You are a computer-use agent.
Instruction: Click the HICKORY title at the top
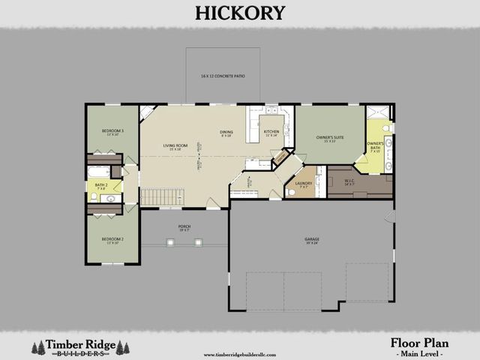point(240,13)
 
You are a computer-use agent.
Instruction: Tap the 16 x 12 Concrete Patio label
point(223,76)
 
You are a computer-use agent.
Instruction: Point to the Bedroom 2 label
point(112,241)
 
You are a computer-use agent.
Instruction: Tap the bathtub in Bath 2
point(99,172)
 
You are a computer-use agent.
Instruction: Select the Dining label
point(226,133)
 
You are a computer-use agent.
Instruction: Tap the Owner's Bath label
point(375,145)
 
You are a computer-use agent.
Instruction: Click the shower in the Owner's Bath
point(379,112)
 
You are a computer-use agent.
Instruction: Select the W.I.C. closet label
point(349,181)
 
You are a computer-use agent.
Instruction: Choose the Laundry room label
point(303,184)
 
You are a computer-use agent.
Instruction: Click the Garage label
point(311,241)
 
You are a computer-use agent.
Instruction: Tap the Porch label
point(184,227)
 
